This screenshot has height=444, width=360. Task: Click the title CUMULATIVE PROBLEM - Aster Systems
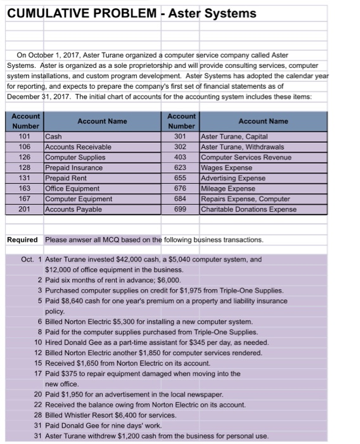point(131,13)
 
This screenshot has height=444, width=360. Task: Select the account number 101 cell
point(25,136)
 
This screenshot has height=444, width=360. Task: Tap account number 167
point(25,199)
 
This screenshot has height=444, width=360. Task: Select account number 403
point(181,157)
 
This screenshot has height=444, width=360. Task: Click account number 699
point(181,209)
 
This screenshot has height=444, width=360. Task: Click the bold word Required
point(22,239)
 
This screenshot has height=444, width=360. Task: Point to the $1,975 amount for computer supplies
point(191,291)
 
